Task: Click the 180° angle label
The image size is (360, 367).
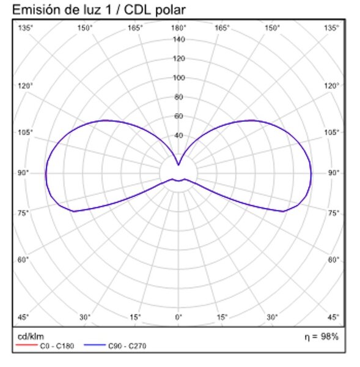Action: pos(178,28)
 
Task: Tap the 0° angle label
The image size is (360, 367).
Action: pos(178,317)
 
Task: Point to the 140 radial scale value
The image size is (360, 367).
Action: pos(178,39)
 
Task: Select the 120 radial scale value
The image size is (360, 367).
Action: pos(178,58)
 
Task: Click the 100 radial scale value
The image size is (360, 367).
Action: pos(178,78)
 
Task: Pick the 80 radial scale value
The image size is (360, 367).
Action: pos(178,97)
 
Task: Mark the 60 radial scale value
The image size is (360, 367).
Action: pos(178,116)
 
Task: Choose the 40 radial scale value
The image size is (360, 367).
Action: pos(178,135)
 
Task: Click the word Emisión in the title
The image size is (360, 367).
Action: pos(37,10)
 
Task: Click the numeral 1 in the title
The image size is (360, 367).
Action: pos(108,10)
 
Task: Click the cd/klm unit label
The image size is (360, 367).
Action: pos(31,336)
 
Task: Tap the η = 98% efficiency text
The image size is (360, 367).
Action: pos(321,337)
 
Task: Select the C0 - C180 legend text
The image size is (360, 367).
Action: pos(57,346)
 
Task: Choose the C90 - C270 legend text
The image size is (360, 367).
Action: pos(127,346)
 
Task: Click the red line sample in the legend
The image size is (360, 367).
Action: pos(27,345)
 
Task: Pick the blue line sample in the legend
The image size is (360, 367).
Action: pos(95,345)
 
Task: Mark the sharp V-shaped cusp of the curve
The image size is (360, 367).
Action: pos(178,165)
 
